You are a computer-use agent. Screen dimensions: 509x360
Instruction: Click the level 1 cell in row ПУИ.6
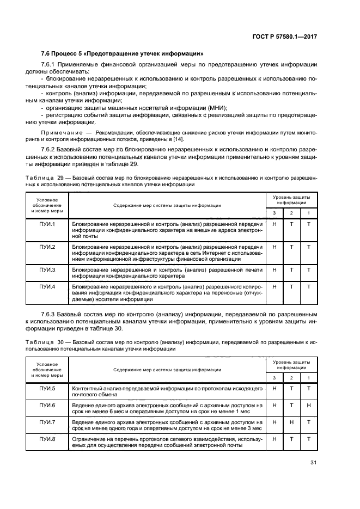[x=309, y=406]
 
